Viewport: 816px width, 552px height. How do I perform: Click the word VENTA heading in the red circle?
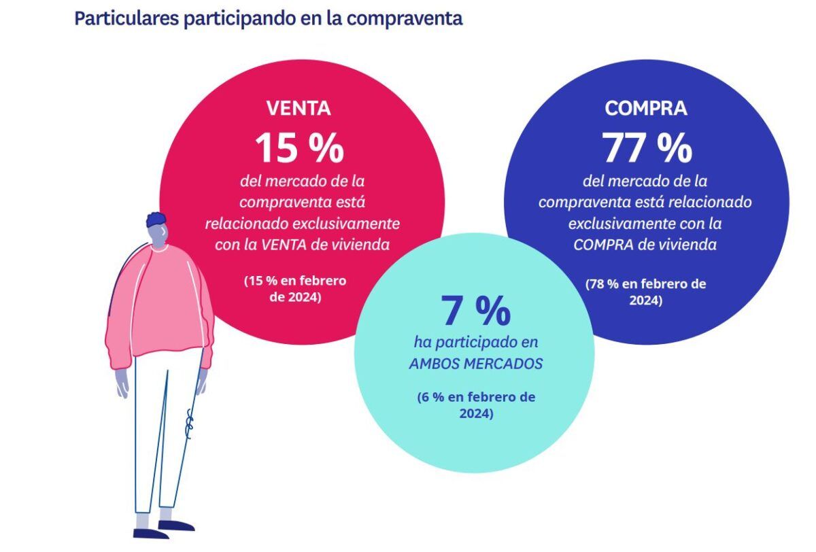coord(298,108)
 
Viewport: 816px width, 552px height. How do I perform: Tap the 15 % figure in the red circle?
coord(299,148)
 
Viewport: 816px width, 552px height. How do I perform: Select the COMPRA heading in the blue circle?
coord(645,108)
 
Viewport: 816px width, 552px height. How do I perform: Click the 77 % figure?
coord(647,148)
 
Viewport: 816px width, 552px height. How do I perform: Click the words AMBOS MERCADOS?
coord(475,364)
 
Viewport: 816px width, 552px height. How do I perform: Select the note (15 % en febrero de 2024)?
coord(295,288)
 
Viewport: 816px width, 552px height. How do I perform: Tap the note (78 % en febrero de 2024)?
coord(645,292)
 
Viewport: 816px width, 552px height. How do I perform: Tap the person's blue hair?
coord(156,220)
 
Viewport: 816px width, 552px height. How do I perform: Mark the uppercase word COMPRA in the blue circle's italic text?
coord(598,245)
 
